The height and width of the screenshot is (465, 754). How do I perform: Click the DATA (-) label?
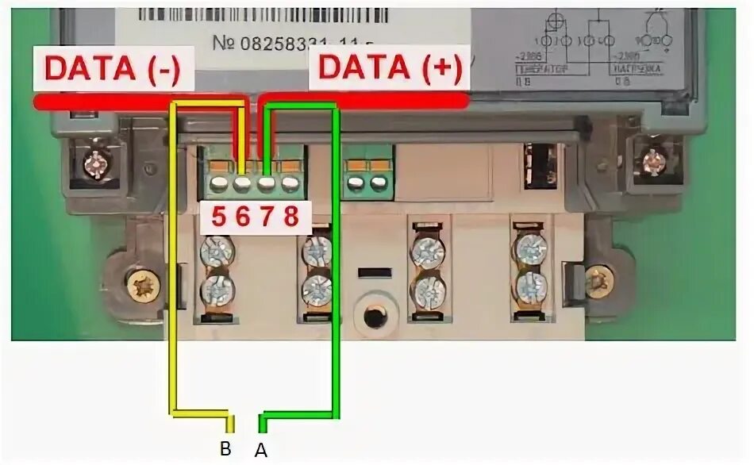(x=112, y=69)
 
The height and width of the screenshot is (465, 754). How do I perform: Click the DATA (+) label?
(x=389, y=69)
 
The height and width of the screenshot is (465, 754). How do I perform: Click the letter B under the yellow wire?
(x=225, y=449)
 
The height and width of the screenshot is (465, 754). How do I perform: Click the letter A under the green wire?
(x=260, y=450)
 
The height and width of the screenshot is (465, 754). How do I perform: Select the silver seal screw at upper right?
(x=653, y=162)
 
